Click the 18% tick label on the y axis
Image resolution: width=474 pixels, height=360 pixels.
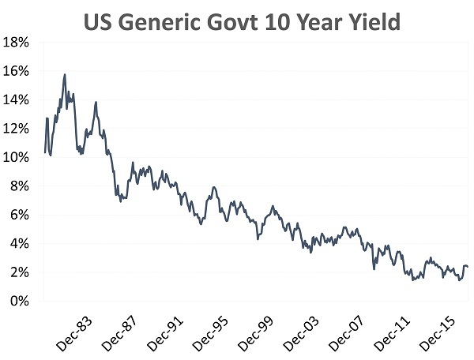[x=17, y=42]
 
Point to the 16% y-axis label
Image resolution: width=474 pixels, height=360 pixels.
[x=17, y=71]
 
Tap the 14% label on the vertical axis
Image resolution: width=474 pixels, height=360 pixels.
[x=17, y=99]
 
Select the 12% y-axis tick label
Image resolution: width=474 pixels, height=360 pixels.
[x=17, y=129]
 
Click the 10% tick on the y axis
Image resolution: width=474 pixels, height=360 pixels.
[x=17, y=157]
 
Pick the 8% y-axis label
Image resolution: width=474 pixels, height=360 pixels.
[x=20, y=186]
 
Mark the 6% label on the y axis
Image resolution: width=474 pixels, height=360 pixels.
[x=20, y=215]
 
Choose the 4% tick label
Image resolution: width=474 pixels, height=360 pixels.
[x=20, y=244]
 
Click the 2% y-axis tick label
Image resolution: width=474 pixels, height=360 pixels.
[x=20, y=272]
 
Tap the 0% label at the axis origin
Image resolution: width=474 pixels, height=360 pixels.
[x=20, y=302]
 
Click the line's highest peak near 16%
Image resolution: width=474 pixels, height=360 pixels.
[x=65, y=74]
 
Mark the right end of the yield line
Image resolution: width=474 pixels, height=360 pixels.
[x=468, y=267]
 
